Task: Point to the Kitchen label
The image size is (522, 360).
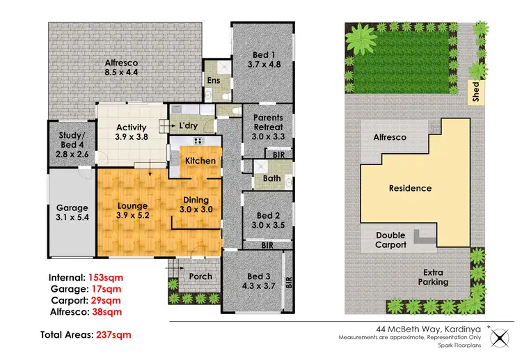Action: [200, 161]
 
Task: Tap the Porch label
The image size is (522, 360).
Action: [200, 276]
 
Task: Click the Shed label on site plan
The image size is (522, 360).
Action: [476, 93]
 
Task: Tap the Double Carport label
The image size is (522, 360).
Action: [390, 240]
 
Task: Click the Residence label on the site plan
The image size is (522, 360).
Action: [410, 188]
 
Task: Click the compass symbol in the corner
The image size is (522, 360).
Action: [500, 338]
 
